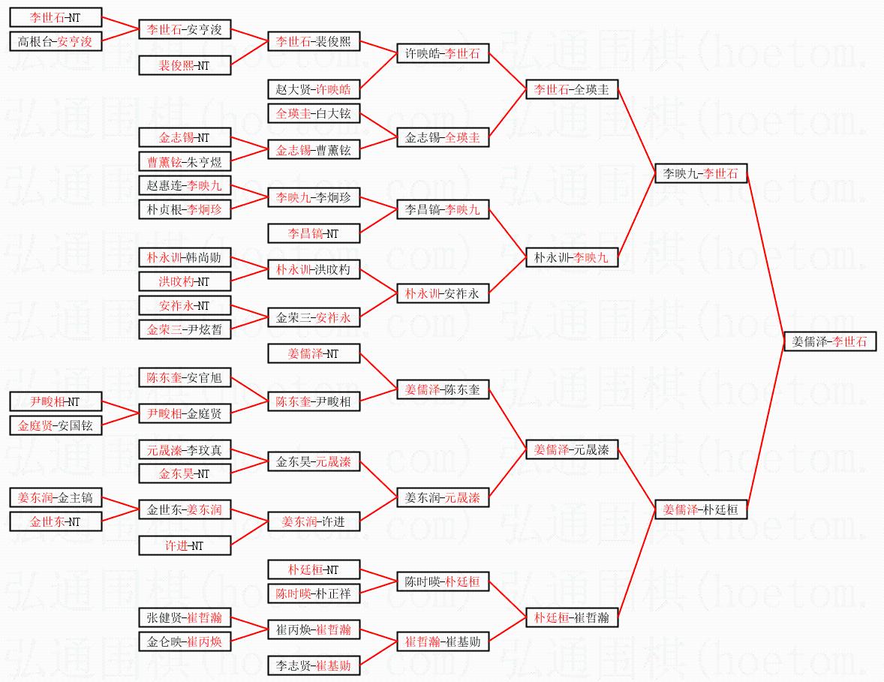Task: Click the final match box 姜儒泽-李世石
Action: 829,341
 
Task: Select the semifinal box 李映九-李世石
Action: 700,173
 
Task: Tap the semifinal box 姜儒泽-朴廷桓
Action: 700,509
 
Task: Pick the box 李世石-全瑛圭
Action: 571,89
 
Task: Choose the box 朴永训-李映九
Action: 571,257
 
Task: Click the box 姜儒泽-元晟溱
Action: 571,449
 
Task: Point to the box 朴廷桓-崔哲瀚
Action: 571,617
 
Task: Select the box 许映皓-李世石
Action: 442,53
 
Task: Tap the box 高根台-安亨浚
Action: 55,41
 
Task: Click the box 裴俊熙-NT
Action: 184,65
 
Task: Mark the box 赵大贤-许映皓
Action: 313,89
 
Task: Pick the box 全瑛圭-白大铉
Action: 313,113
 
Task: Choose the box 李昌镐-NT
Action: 313,233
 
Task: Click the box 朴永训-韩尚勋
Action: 184,257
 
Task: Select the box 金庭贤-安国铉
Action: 55,425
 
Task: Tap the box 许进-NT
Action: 184,545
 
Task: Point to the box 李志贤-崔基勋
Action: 313,665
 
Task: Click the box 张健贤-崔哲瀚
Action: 184,617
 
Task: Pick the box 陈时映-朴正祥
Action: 313,593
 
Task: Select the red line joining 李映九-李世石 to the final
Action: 765,257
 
